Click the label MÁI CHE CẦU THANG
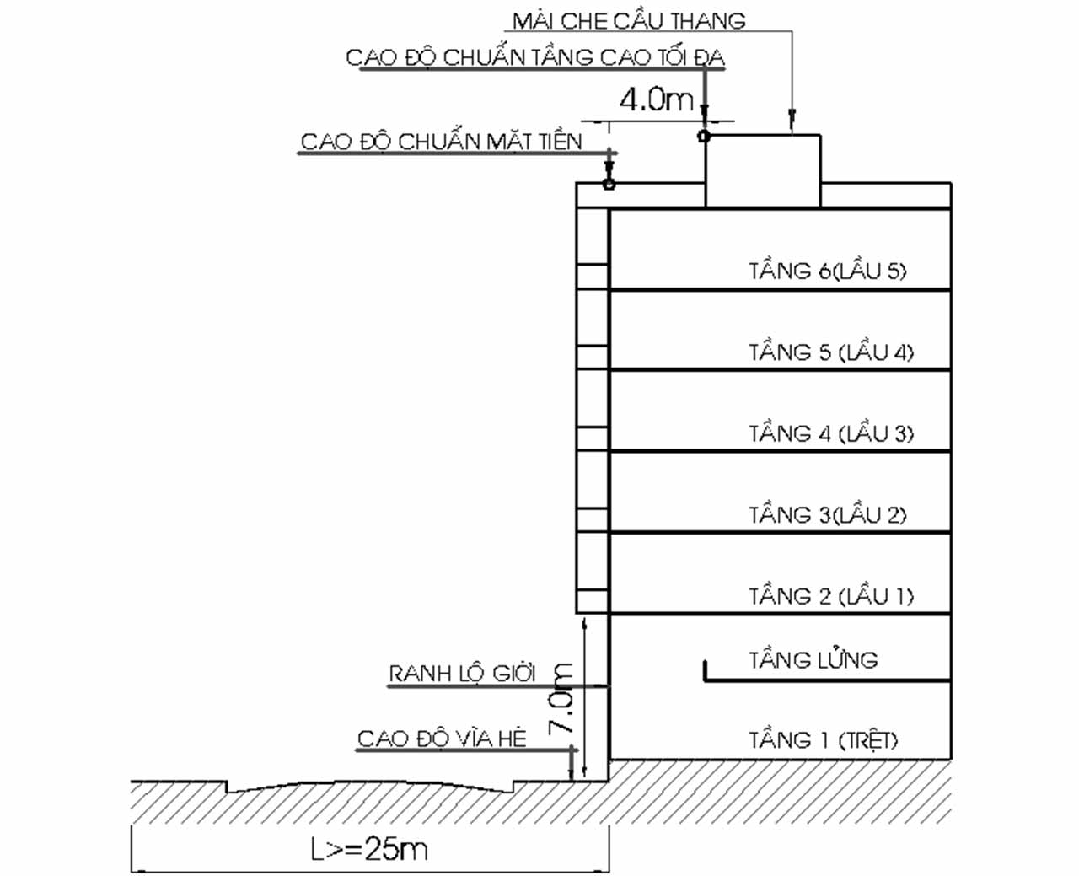pyautogui.click(x=629, y=20)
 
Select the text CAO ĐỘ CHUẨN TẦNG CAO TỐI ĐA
pyautogui.click(x=535, y=57)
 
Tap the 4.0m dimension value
pyautogui.click(x=656, y=100)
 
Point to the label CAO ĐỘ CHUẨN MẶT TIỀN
pyautogui.click(x=441, y=141)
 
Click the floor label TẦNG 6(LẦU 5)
pyautogui.click(x=827, y=271)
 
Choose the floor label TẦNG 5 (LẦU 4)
pyautogui.click(x=830, y=352)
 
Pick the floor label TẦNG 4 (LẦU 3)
pyautogui.click(x=830, y=433)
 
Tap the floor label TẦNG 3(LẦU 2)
pyautogui.click(x=827, y=514)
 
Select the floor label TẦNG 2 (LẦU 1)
pyautogui.click(x=830, y=596)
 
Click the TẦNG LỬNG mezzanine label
pyautogui.click(x=813, y=659)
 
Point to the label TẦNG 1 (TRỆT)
pyautogui.click(x=823, y=740)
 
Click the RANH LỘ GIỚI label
pyautogui.click(x=461, y=674)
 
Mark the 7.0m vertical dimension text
pyautogui.click(x=562, y=698)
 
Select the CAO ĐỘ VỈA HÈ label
pyautogui.click(x=441, y=739)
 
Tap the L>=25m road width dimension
pyautogui.click(x=369, y=848)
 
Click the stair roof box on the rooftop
pyautogui.click(x=762, y=171)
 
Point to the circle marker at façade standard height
pyautogui.click(x=609, y=183)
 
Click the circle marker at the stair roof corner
pyautogui.click(x=705, y=136)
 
